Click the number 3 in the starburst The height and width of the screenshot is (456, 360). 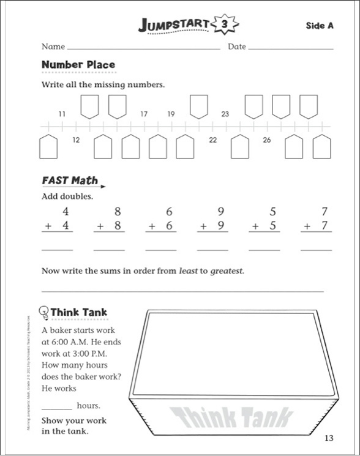click(224, 24)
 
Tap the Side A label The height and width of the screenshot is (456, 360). click(320, 25)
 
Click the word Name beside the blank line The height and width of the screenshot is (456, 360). click(53, 47)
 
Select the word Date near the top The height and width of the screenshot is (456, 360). click(237, 47)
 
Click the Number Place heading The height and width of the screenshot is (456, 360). click(78, 64)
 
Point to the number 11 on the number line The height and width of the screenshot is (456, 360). click(62, 114)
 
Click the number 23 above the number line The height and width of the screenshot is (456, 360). click(225, 114)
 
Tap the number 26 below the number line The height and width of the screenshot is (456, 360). click(267, 140)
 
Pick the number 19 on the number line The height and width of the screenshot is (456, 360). click(171, 114)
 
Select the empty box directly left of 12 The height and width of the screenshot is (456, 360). click(48, 146)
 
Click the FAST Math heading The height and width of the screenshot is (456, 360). click(70, 181)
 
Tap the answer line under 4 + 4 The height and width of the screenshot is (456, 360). click(57, 250)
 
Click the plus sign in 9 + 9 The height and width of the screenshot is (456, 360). click(203, 226)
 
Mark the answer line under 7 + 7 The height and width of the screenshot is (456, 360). click(317, 250)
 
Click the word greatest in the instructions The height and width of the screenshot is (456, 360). click(227, 270)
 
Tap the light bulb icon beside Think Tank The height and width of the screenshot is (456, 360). click(43, 312)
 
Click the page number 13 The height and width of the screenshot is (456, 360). click(329, 438)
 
